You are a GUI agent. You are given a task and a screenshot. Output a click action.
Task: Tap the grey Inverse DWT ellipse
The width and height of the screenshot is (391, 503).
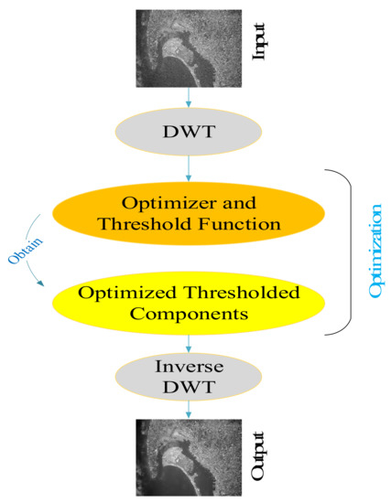coord(189,382)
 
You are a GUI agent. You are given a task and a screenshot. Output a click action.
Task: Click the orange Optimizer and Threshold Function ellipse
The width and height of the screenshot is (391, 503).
coord(189,211)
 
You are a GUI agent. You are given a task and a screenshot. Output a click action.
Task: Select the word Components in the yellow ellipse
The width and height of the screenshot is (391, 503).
coord(189,316)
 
